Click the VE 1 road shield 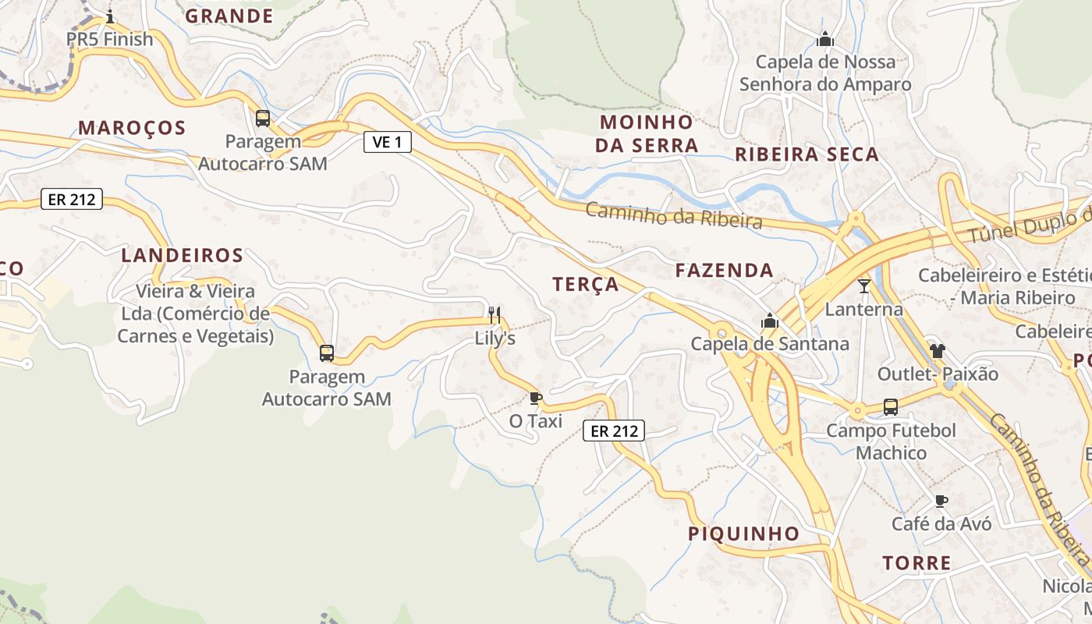[x=387, y=142]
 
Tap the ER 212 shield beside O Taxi [x=614, y=430]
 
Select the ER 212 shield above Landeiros [x=71, y=200]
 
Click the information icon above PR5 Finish [x=110, y=16]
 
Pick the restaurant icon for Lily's [x=494, y=315]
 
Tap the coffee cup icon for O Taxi [x=535, y=399]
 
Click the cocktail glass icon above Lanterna [x=863, y=286]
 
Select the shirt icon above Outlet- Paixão [x=937, y=351]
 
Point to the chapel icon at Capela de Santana [x=770, y=321]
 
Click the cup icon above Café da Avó [x=941, y=501]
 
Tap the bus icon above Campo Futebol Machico [x=890, y=406]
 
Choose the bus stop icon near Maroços [x=263, y=119]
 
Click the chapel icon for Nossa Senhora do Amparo [x=825, y=38]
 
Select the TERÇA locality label [x=586, y=285]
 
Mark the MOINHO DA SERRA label [x=647, y=133]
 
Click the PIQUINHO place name [x=743, y=534]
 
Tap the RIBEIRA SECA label [x=807, y=154]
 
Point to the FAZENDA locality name [x=725, y=271]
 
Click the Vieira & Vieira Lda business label [x=195, y=314]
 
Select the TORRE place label [x=916, y=562]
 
